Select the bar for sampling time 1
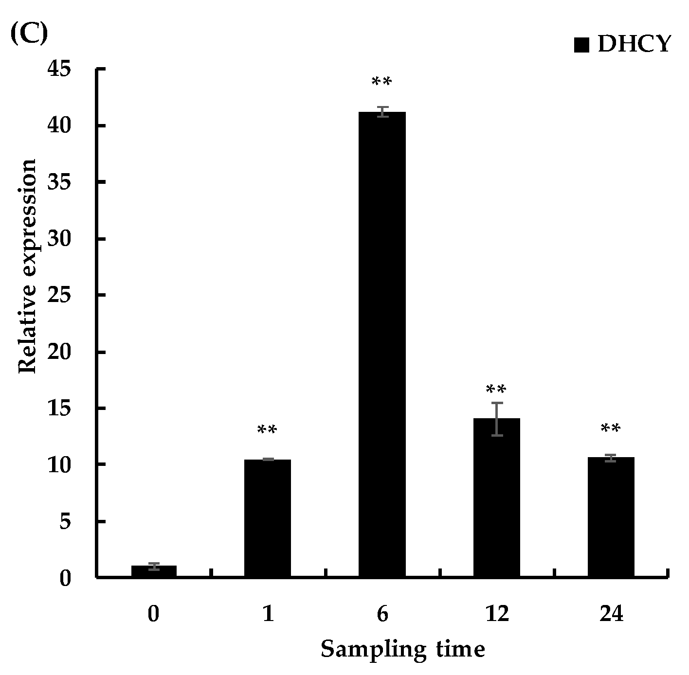click(x=267, y=518)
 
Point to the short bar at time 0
click(x=154, y=571)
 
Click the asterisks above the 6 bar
click(x=381, y=82)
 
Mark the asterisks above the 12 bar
click(x=496, y=390)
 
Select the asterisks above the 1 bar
click(x=267, y=430)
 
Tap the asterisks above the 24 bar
click(x=611, y=429)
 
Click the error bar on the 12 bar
click(x=497, y=419)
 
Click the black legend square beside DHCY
click(x=581, y=45)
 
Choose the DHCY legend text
click(x=634, y=44)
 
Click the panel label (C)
click(x=29, y=35)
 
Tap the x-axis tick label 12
click(x=497, y=614)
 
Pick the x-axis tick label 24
click(x=611, y=614)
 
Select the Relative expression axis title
click(x=28, y=266)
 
